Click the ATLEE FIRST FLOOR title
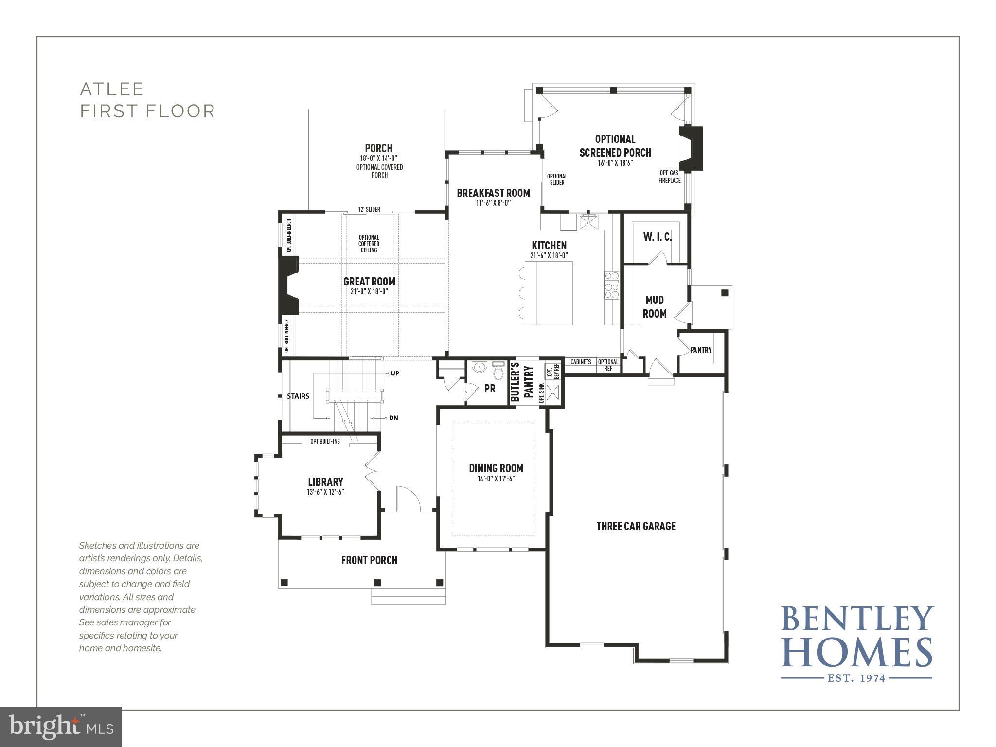[x=147, y=100]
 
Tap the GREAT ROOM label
[x=369, y=282]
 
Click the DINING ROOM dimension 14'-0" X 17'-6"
[x=496, y=479]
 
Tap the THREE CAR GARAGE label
[x=636, y=526]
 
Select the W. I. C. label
[x=657, y=237]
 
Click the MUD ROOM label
[x=655, y=307]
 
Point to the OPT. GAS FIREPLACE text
[x=669, y=177]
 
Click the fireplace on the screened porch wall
[x=692, y=148]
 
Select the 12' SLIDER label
[x=369, y=210]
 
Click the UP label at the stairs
[x=394, y=373]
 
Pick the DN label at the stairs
[x=393, y=418]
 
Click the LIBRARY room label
[x=325, y=482]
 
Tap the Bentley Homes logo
[x=856, y=643]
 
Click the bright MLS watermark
[x=61, y=727]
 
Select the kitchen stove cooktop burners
[x=611, y=285]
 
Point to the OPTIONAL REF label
[x=608, y=365]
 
